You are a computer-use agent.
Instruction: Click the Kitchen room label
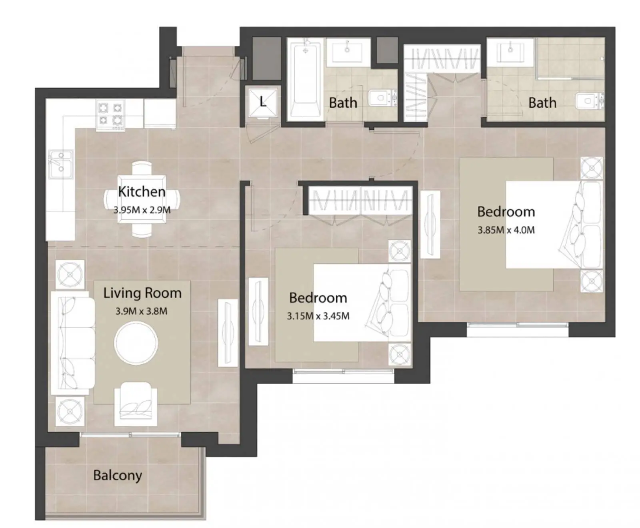[x=142, y=191]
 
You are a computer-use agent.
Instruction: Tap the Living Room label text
[x=142, y=293]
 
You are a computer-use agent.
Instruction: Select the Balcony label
[x=118, y=476]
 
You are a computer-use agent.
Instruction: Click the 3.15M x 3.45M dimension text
[x=318, y=316]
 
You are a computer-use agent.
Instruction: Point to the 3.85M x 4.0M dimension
[x=506, y=230]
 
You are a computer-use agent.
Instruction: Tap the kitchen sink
[x=61, y=164]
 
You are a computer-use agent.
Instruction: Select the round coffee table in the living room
[x=136, y=343]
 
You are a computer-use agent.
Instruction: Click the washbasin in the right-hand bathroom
[x=510, y=52]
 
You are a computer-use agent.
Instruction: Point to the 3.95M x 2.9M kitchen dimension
[x=142, y=210]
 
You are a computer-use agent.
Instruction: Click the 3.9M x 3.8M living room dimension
[x=141, y=311]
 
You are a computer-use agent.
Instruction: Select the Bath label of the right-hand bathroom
[x=542, y=103]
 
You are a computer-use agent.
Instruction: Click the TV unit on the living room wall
[x=228, y=333]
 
